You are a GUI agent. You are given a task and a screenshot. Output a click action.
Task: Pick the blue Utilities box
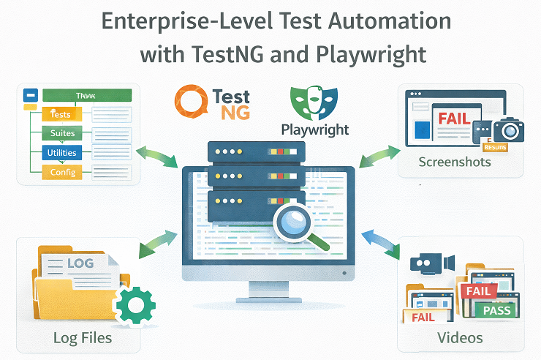click(x=61, y=153)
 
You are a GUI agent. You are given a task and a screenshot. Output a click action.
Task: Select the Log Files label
click(x=83, y=337)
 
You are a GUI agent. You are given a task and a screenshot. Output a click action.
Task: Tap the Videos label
click(x=460, y=337)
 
